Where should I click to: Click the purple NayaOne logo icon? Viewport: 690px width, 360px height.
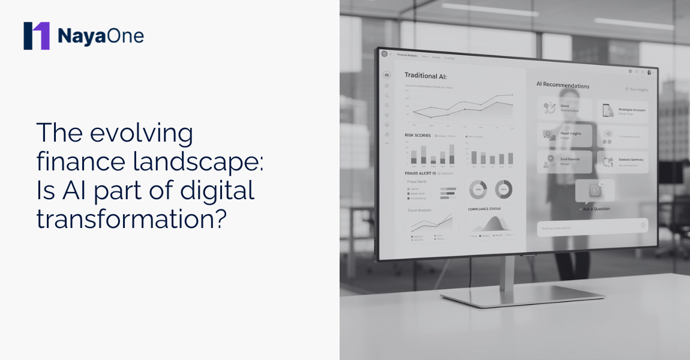[x=36, y=36]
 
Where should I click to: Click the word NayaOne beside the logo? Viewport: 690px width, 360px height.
[x=101, y=36]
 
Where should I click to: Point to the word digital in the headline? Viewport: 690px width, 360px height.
[x=218, y=191]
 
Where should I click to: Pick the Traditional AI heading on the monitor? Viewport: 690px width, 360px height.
[x=425, y=76]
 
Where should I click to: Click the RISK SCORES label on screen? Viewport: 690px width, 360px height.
[x=418, y=136]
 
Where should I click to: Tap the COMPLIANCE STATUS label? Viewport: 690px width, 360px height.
[x=484, y=209]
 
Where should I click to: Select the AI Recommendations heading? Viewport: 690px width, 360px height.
[x=563, y=85]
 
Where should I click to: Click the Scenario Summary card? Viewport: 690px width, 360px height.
[x=623, y=161]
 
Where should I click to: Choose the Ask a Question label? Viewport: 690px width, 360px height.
[x=595, y=209]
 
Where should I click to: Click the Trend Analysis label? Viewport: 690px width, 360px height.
[x=419, y=211]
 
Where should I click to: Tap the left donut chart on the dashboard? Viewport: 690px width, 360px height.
[x=478, y=190]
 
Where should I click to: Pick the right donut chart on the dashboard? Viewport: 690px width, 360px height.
[x=503, y=190]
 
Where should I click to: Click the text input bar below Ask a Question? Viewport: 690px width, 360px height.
[x=591, y=227]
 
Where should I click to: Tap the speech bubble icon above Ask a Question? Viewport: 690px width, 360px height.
[x=595, y=191]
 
